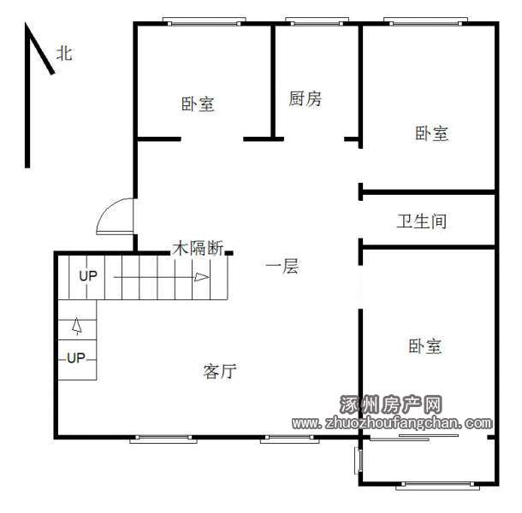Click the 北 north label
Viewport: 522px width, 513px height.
pyautogui.click(x=64, y=54)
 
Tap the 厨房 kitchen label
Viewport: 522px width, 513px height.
pyautogui.click(x=305, y=99)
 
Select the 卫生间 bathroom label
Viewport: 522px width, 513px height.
pyautogui.click(x=422, y=221)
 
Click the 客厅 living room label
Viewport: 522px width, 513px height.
pyautogui.click(x=220, y=371)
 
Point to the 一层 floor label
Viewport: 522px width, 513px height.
pyautogui.click(x=282, y=267)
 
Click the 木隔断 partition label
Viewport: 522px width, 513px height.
pyautogui.click(x=198, y=248)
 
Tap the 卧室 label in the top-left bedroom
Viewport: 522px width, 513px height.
pyautogui.click(x=198, y=104)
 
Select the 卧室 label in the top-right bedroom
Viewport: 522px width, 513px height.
pyautogui.click(x=431, y=133)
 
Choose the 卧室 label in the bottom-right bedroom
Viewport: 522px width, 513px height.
pyautogui.click(x=425, y=346)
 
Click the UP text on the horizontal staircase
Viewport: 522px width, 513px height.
pyautogui.click(x=88, y=276)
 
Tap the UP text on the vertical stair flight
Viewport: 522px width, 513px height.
pyautogui.click(x=76, y=358)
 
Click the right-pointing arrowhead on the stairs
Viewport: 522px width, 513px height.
pyautogui.click(x=202, y=277)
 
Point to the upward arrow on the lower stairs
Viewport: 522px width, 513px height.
pyautogui.click(x=77, y=326)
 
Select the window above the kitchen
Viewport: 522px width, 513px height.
pyautogui.click(x=317, y=22)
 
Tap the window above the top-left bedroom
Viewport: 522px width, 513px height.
pyautogui.click(x=204, y=22)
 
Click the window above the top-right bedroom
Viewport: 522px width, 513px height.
pyautogui.click(x=425, y=22)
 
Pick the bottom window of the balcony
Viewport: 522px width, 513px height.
pyautogui.click(x=437, y=485)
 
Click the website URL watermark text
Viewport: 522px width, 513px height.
pyautogui.click(x=392, y=423)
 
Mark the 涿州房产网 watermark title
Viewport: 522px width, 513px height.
pyautogui.click(x=391, y=404)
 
